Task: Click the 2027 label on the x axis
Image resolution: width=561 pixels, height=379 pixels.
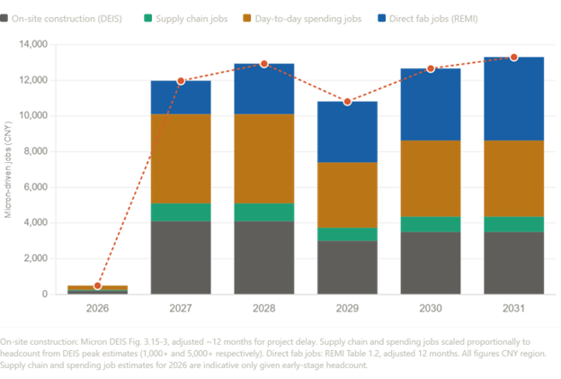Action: click(x=181, y=306)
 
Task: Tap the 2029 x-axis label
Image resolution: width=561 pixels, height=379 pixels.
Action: click(x=347, y=306)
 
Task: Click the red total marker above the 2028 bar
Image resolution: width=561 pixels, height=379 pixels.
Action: click(x=263, y=63)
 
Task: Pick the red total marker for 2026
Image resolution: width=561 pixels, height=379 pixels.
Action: click(x=97, y=285)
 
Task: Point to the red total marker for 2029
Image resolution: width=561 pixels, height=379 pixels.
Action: click(x=347, y=101)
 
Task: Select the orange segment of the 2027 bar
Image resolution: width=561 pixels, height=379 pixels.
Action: click(x=181, y=158)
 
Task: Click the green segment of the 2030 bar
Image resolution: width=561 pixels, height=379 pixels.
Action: click(x=430, y=224)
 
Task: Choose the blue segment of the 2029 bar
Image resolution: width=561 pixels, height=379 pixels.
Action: click(x=347, y=131)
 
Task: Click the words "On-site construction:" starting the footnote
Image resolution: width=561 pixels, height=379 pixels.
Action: click(x=35, y=342)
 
